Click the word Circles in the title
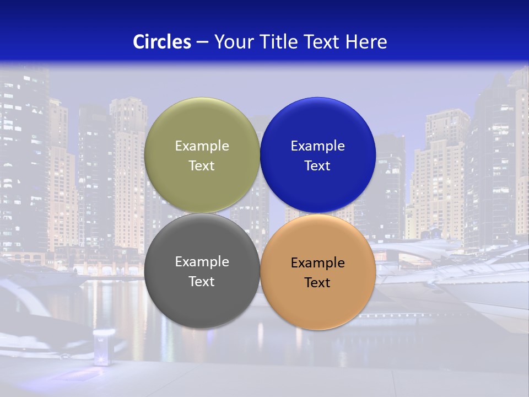pos(161,42)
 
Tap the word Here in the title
pos(366,42)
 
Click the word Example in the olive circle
pos(202,146)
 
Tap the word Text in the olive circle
pos(202,166)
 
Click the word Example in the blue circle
pos(318,146)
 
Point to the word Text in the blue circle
pos(318,166)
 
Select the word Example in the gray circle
pos(202,262)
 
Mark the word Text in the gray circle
pos(202,282)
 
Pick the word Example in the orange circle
pos(318,263)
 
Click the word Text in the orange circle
pos(318,283)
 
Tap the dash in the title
pos(202,42)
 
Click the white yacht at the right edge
pos(485,287)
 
